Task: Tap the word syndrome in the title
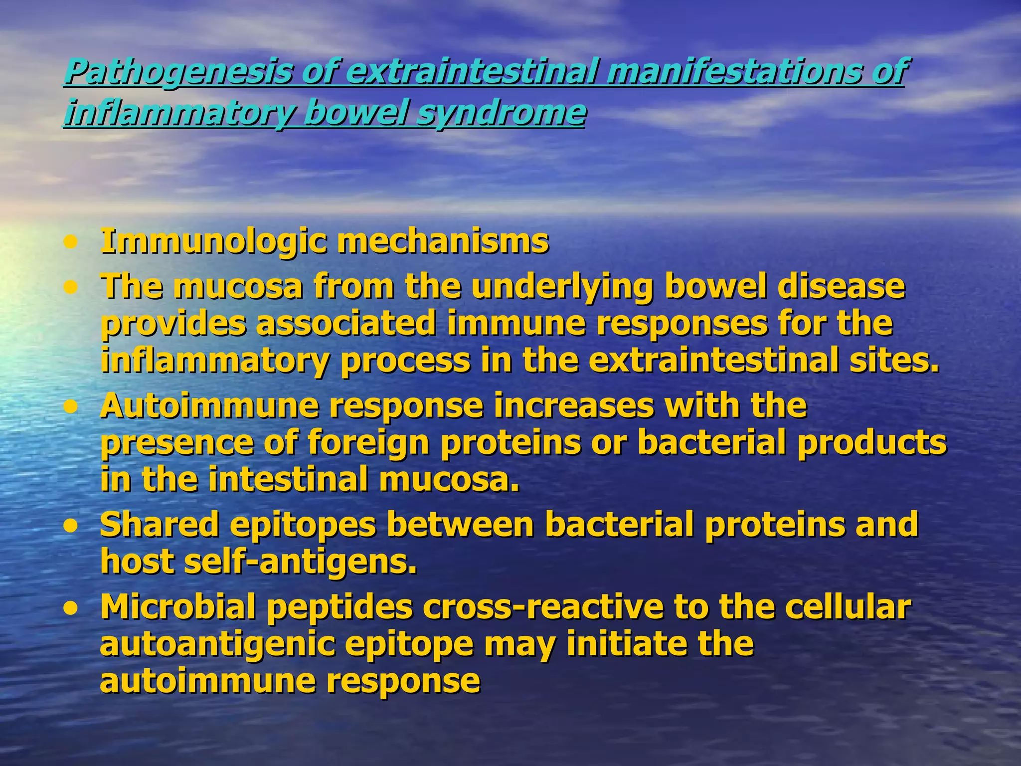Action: click(x=501, y=113)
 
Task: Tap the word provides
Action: click(x=173, y=324)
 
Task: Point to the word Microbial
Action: click(x=178, y=607)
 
